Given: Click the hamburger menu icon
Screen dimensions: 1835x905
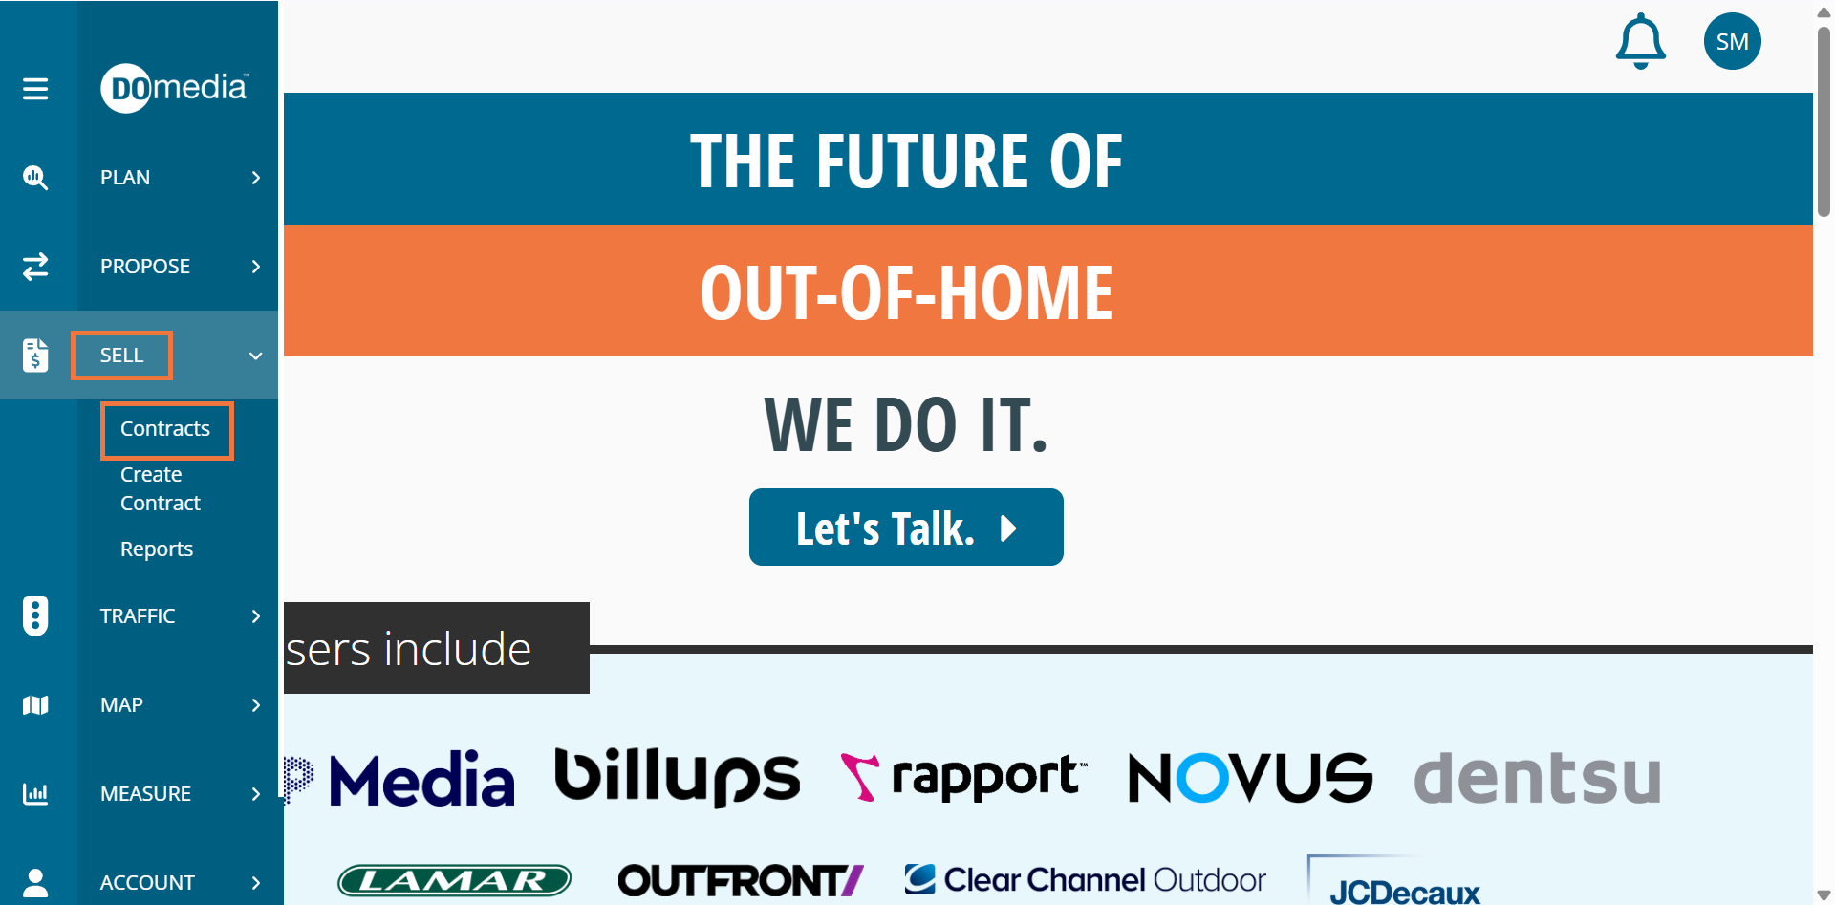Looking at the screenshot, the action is [35, 89].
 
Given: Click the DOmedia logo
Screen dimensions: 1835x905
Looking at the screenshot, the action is [175, 88].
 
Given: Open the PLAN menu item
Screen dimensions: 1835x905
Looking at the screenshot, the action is [125, 178].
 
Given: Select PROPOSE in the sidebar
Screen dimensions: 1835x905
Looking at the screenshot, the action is [145, 267].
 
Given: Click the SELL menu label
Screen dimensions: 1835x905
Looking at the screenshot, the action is [121, 356].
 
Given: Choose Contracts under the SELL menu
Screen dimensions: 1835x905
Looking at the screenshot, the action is [165, 429].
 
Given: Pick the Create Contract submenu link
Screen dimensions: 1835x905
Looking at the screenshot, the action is [161, 488].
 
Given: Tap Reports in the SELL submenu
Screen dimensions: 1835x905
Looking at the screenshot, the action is [157, 549].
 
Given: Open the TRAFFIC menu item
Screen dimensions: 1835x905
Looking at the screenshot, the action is [138, 616].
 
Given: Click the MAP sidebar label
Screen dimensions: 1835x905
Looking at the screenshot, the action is [121, 705].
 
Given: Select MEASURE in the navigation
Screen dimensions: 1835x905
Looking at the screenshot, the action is [145, 794].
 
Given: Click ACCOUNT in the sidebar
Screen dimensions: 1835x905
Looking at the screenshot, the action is [147, 883].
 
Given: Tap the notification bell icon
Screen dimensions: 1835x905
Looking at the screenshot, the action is [1640, 41].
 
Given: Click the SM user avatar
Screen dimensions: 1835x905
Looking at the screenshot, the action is [1732, 41].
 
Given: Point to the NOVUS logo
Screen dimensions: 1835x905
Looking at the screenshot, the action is [1250, 777].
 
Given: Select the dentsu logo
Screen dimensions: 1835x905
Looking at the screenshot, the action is [1537, 778].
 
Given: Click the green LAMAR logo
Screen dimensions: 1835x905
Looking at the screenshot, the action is [455, 880].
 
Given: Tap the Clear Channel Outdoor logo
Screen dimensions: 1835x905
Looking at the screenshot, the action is [1085, 879].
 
